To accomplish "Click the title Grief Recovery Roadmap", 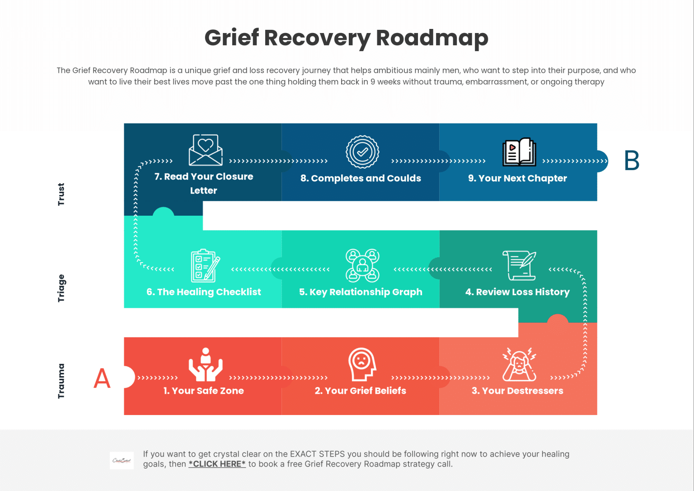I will point(346,38).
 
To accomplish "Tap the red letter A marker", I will point(102,378).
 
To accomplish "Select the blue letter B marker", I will point(632,161).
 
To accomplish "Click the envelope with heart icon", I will point(206,150).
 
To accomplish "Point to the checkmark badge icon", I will point(362,152).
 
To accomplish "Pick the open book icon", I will point(519,152).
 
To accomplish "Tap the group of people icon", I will point(362,266).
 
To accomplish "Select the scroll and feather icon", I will point(519,266).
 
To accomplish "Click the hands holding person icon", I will point(206,364).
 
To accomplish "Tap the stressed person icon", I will point(519,364).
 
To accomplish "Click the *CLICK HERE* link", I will point(217,464).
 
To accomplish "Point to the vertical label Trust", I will point(61,194).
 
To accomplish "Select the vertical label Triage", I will point(61,288).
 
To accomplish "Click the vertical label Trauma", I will point(61,381).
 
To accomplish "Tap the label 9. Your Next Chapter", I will point(517,179).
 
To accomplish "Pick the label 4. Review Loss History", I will point(517,292).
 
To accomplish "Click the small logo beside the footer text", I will point(122,461).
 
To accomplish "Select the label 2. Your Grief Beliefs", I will point(361,391).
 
